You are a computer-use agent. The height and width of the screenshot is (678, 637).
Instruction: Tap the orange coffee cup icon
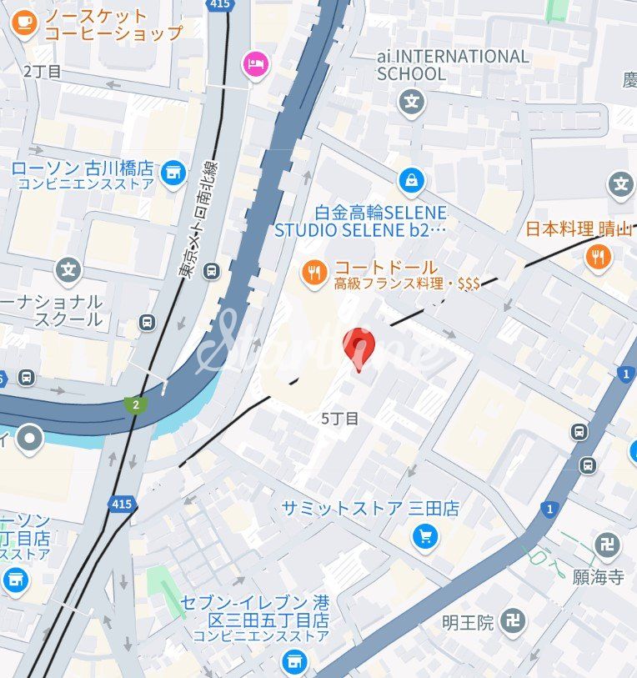pos(24,23)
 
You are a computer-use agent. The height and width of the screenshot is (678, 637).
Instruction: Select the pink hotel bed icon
pos(254,63)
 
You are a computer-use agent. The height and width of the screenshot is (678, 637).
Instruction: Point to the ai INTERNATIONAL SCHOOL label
pos(453,65)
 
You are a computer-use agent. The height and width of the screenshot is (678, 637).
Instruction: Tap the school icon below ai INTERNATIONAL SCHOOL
pos(411,103)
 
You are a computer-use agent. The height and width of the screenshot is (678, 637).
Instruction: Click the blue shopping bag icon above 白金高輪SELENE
pos(411,179)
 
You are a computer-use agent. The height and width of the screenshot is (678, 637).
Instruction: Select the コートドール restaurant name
pos(385,268)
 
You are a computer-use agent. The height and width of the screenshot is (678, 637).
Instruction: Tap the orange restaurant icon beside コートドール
pos(314,273)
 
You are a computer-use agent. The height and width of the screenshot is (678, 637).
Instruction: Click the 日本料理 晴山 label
pos(579,229)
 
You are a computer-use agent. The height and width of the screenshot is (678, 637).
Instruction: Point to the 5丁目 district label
pos(340,419)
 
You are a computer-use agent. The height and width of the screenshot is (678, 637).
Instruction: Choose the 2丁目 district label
pos(43,72)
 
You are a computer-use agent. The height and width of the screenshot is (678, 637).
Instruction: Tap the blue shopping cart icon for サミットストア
pos(425,536)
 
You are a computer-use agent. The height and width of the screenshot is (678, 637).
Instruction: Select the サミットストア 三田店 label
pos(370,509)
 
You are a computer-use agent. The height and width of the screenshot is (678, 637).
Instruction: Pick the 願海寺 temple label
pos(598,577)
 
